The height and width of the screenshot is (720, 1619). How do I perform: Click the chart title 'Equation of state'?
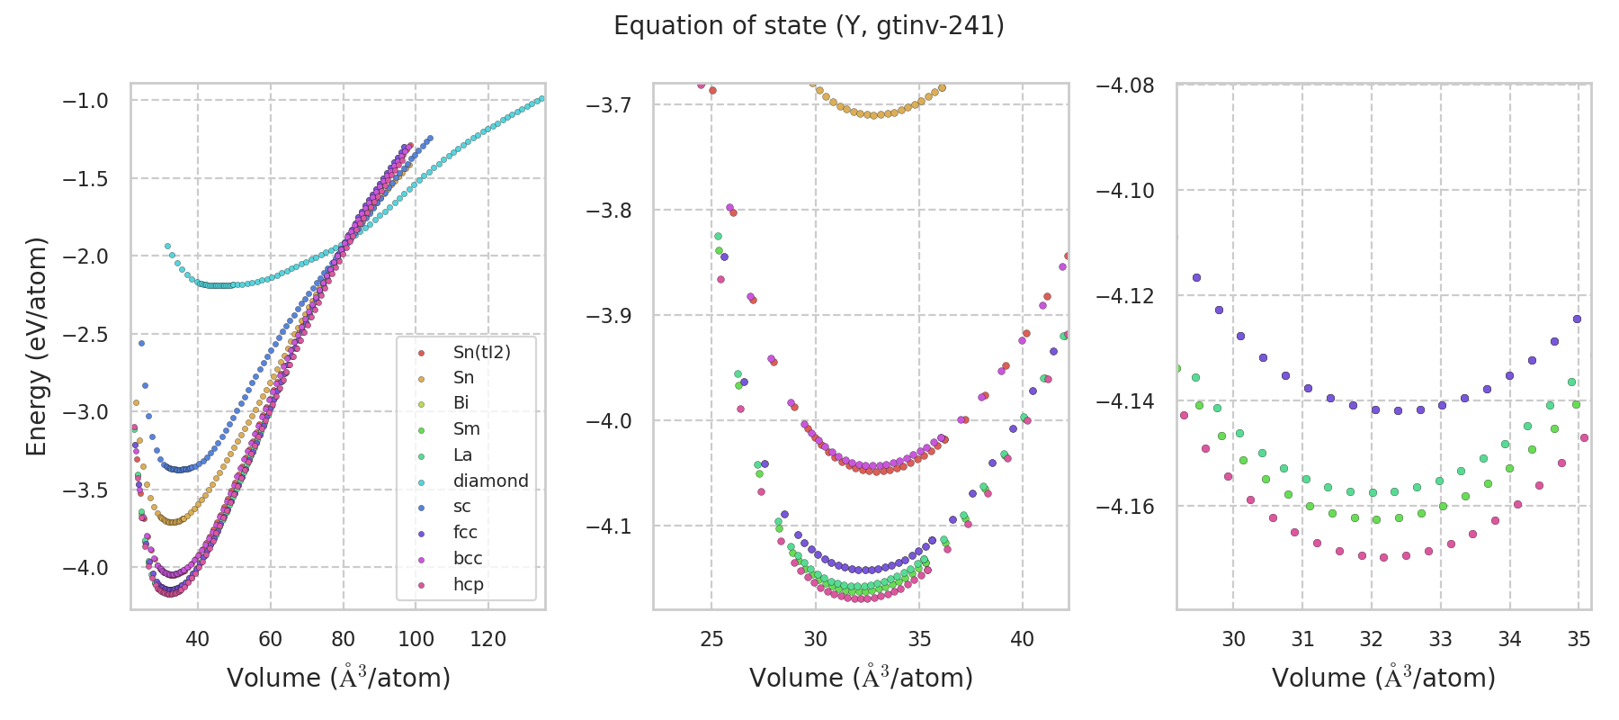click(x=809, y=26)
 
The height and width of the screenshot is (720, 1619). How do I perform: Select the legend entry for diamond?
click(x=490, y=481)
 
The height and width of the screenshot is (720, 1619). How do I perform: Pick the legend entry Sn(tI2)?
click(x=481, y=352)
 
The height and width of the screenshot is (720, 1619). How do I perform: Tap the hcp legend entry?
click(x=468, y=584)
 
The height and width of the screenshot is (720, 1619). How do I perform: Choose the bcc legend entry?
click(x=468, y=558)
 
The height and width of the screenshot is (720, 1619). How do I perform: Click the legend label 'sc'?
click(x=461, y=507)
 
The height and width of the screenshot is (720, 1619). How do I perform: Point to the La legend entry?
click(x=462, y=454)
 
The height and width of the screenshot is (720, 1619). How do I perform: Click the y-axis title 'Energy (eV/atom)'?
click(x=36, y=346)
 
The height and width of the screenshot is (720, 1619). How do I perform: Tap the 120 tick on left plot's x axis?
click(x=488, y=640)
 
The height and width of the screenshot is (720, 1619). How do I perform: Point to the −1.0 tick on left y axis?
click(x=85, y=101)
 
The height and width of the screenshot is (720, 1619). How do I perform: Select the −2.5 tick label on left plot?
click(x=85, y=335)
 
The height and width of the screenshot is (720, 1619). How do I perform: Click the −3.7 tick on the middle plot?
click(x=608, y=105)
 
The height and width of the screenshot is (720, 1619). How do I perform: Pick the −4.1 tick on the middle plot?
click(x=608, y=526)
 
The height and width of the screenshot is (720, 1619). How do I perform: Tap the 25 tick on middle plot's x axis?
click(x=711, y=640)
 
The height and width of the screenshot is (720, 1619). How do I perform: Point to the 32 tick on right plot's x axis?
click(x=1371, y=640)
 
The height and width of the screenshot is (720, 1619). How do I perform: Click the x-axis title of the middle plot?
click(x=861, y=678)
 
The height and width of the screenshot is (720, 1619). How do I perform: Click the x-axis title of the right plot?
click(x=1383, y=678)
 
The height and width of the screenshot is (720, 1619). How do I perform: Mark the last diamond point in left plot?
click(x=541, y=98)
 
